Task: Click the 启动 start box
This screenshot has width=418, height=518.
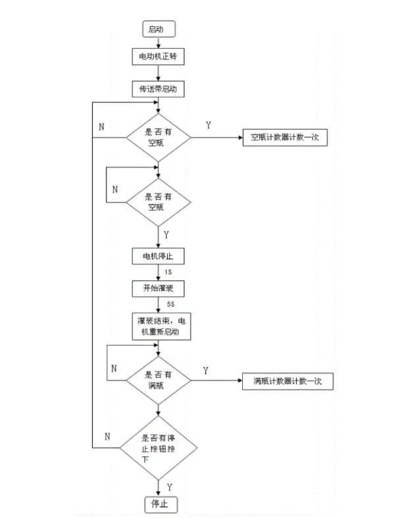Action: click(158, 30)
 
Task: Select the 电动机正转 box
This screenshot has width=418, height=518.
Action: click(158, 57)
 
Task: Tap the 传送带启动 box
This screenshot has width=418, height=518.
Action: click(158, 88)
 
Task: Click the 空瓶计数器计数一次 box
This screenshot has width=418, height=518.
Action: click(285, 138)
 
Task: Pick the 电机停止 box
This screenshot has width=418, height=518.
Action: click(158, 255)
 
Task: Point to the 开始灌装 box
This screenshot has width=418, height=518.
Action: click(158, 288)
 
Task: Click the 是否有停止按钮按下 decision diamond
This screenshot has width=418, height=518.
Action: click(159, 447)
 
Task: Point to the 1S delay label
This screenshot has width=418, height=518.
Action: click(169, 272)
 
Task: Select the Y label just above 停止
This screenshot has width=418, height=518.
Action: click(170, 487)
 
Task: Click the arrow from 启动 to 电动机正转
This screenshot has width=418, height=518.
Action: click(158, 43)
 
